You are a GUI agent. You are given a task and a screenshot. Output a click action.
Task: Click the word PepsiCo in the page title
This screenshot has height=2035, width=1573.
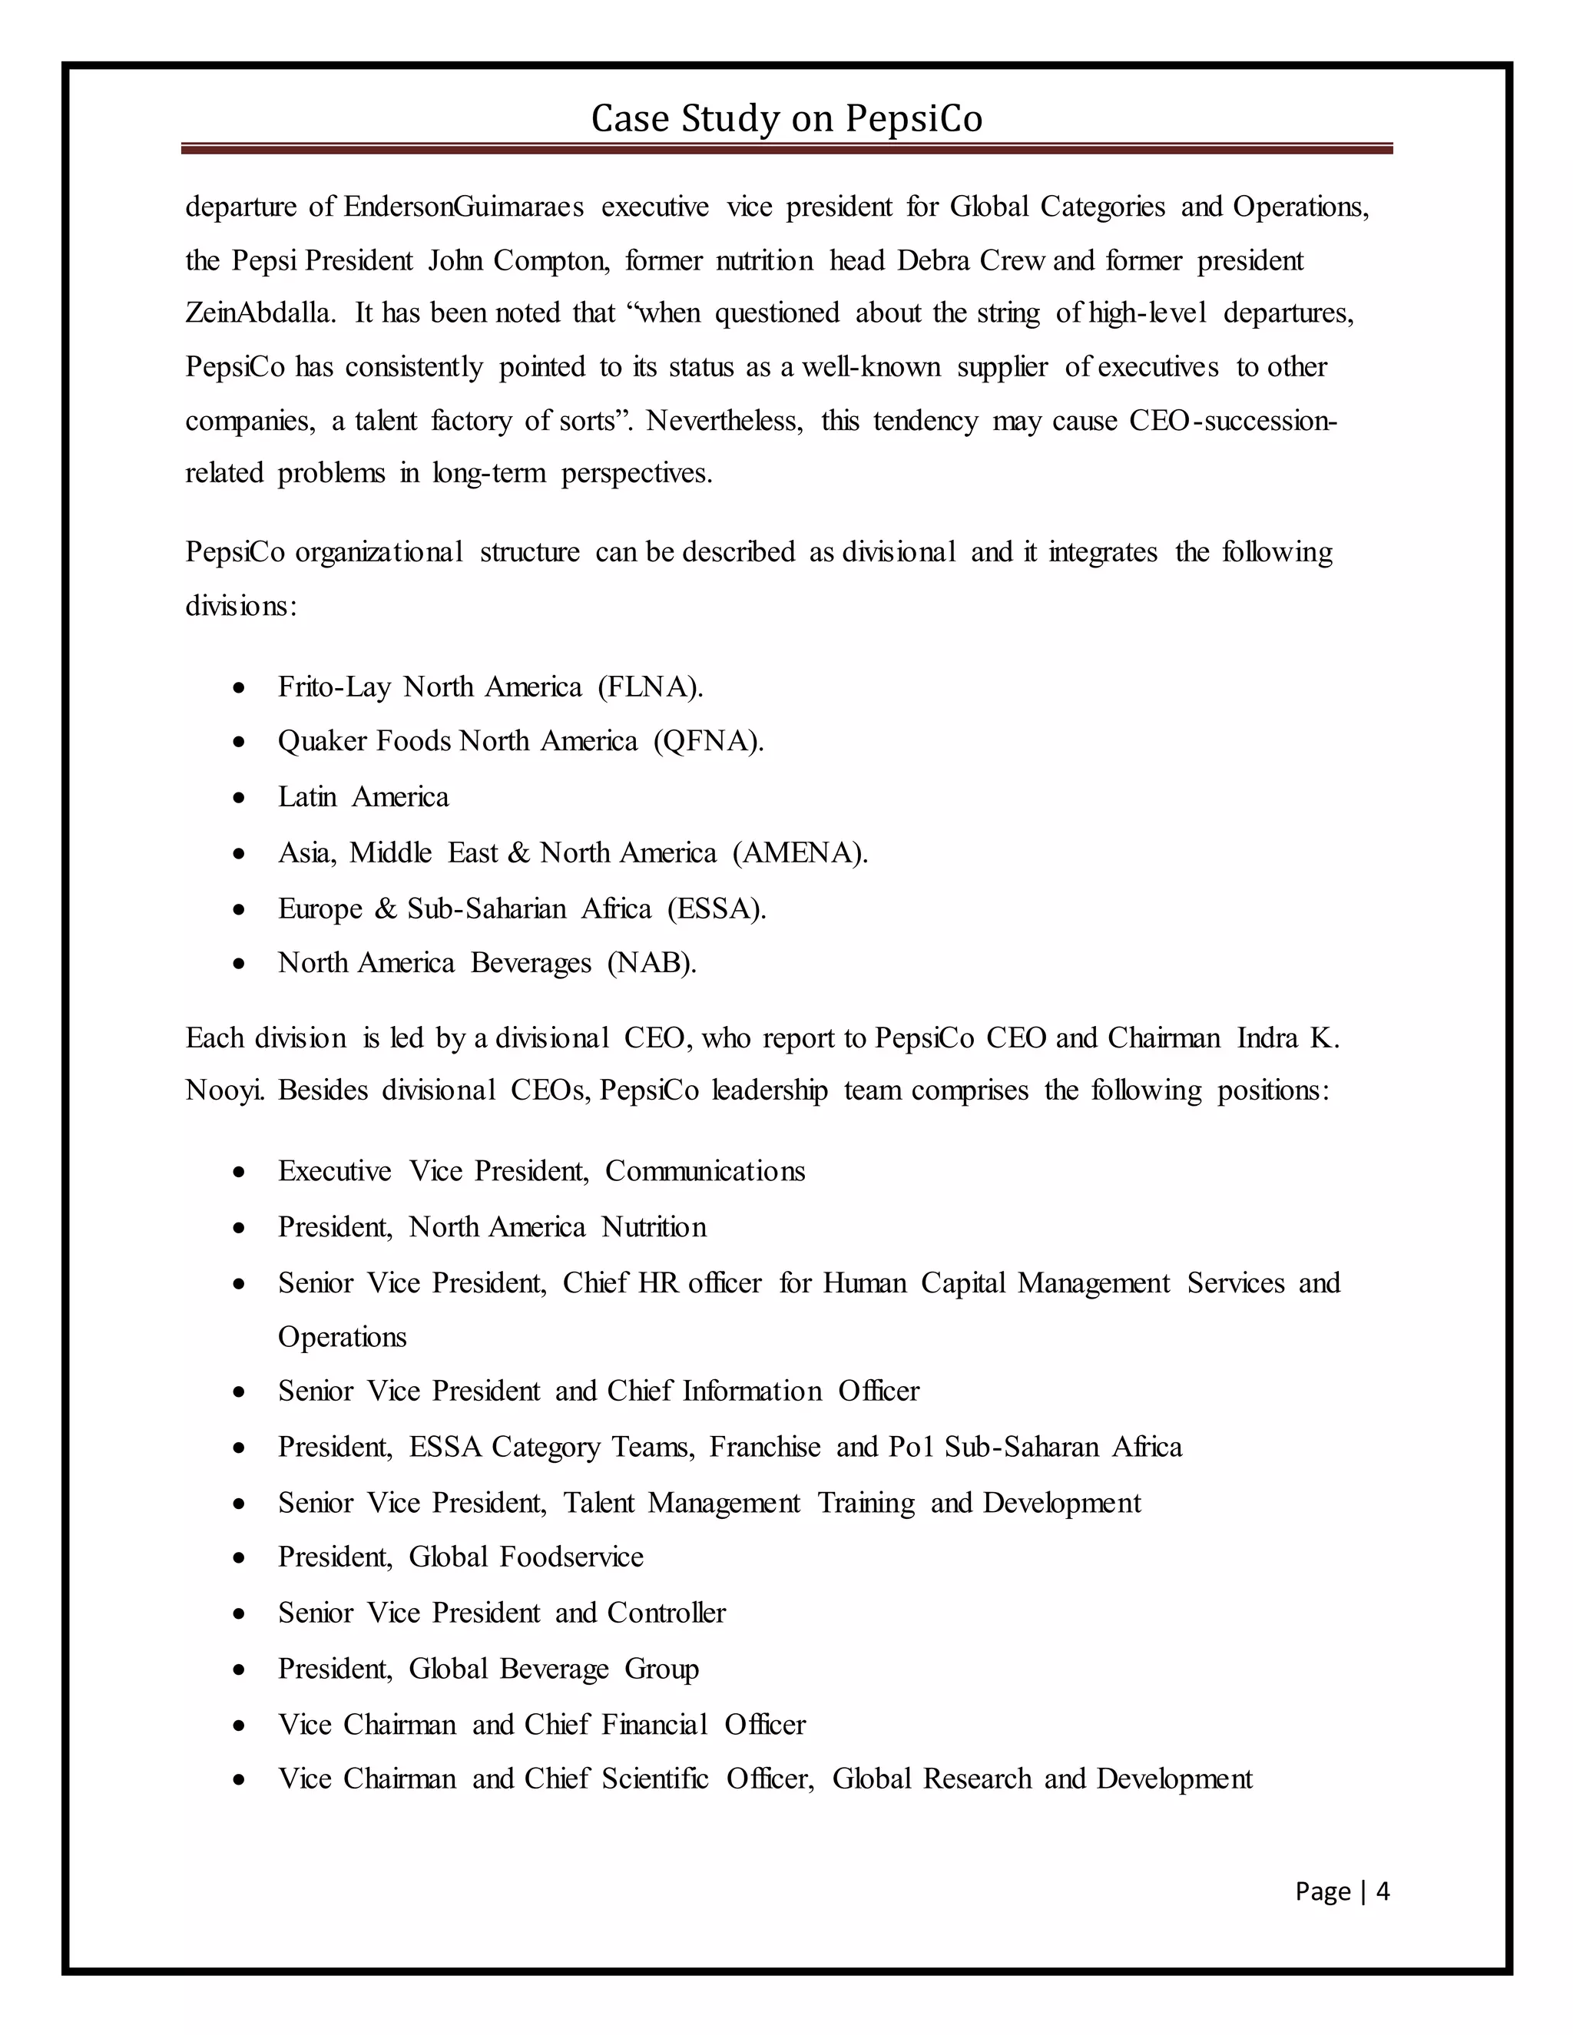(x=913, y=119)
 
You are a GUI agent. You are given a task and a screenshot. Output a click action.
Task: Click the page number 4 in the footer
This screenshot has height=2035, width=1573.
(x=1383, y=1891)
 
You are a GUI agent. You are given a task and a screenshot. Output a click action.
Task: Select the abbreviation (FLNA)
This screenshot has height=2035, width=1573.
(x=651, y=687)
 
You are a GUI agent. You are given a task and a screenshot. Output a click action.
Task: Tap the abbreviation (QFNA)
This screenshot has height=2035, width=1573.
(x=708, y=742)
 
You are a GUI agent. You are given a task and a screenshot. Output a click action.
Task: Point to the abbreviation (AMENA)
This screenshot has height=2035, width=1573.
(x=800, y=852)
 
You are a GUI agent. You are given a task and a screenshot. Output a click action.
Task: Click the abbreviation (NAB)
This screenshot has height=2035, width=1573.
(x=651, y=962)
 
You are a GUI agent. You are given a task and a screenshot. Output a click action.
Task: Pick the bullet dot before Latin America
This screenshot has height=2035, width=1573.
(x=240, y=799)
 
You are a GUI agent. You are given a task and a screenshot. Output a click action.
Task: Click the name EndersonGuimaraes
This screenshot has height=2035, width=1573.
(x=463, y=206)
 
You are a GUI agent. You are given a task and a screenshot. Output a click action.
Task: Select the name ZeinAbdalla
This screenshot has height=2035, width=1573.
(x=259, y=313)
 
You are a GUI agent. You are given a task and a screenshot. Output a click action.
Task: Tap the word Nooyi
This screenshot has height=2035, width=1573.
(x=224, y=1090)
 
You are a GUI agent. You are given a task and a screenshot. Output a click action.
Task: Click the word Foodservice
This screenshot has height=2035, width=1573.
(x=571, y=1557)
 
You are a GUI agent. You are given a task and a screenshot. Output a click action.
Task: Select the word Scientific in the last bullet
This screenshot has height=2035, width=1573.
(x=655, y=1779)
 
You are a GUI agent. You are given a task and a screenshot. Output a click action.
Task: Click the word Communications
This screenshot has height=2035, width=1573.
(x=704, y=1171)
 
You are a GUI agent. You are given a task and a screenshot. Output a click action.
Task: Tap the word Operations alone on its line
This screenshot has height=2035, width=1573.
(x=342, y=1337)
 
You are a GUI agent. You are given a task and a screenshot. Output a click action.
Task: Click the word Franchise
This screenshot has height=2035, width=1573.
(x=765, y=1447)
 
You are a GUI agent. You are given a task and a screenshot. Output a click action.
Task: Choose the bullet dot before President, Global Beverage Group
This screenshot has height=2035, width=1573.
(x=240, y=1669)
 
